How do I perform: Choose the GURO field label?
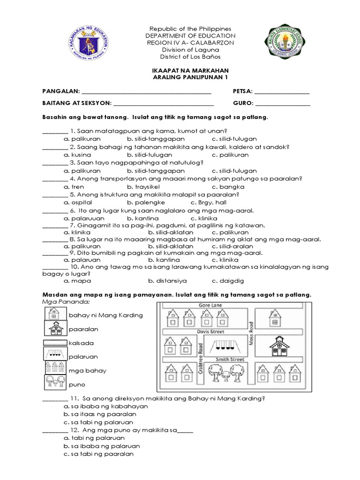coord(243,104)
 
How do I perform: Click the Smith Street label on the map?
coord(228,360)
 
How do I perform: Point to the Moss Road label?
coord(252,333)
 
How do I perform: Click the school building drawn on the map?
coord(280,347)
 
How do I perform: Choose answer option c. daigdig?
coord(228,281)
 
